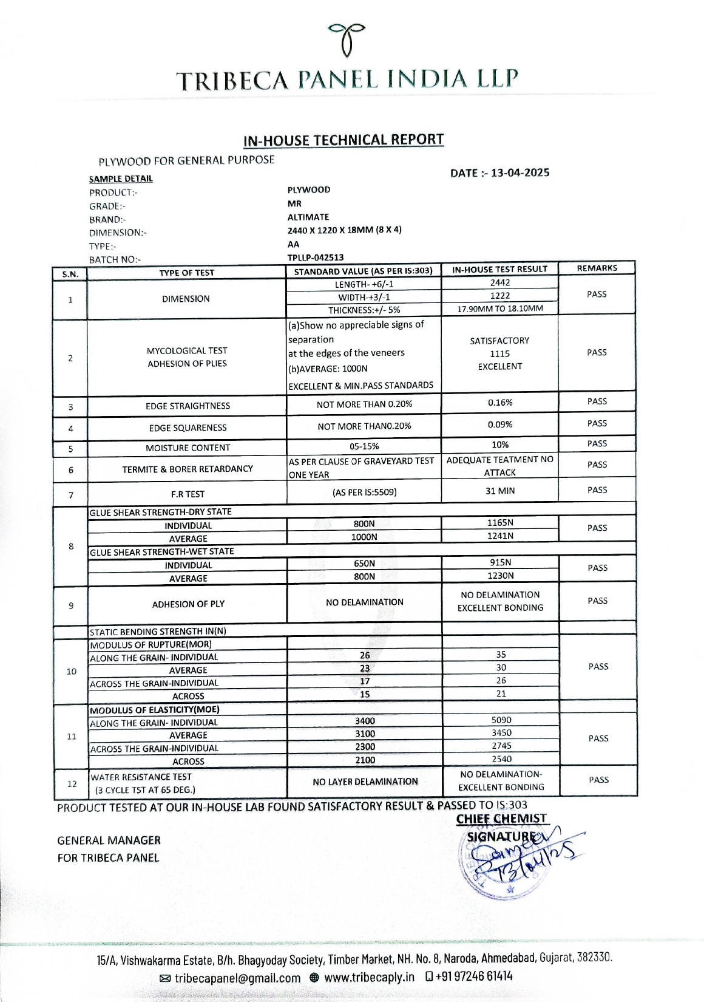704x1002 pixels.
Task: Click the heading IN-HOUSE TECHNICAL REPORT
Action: click(344, 140)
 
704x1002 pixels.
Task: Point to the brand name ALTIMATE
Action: click(308, 217)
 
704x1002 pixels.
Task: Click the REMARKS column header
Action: click(597, 268)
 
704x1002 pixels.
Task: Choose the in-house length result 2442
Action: click(500, 283)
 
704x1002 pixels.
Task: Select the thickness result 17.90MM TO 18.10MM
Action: click(500, 308)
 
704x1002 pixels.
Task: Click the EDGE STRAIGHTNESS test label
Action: click(188, 406)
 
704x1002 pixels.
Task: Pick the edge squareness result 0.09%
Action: click(500, 424)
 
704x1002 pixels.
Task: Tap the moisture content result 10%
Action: click(500, 445)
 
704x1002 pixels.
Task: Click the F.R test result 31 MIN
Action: click(500, 491)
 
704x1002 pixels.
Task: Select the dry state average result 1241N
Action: click(500, 536)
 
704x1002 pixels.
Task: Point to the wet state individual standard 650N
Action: click(364, 564)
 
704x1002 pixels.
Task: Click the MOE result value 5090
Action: click(501, 720)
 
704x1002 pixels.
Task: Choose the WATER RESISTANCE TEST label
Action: click(141, 777)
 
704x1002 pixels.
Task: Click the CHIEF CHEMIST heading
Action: click(501, 819)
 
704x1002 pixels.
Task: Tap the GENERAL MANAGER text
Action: click(109, 840)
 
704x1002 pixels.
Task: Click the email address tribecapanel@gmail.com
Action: click(237, 978)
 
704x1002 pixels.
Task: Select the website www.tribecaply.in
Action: click(369, 977)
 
